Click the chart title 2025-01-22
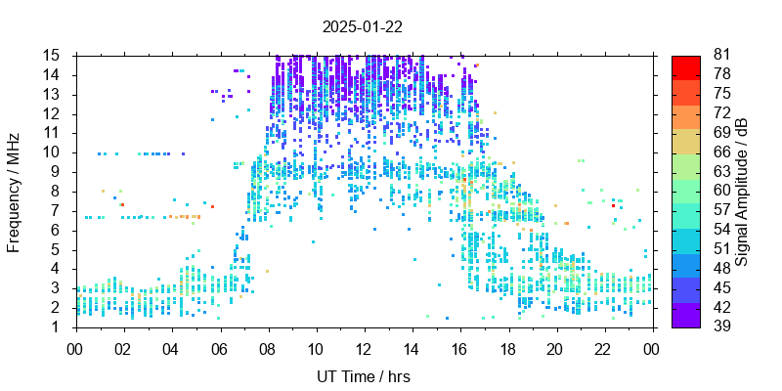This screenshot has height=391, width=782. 365,26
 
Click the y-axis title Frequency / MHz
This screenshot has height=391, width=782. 15,191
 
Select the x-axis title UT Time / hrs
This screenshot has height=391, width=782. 365,376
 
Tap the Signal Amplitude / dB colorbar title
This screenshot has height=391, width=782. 743,191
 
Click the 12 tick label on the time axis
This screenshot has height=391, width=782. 364,347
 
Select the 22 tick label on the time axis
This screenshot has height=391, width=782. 603,347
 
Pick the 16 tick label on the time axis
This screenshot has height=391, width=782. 459,347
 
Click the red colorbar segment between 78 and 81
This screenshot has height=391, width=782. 686,67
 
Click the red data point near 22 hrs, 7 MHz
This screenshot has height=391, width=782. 613,205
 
